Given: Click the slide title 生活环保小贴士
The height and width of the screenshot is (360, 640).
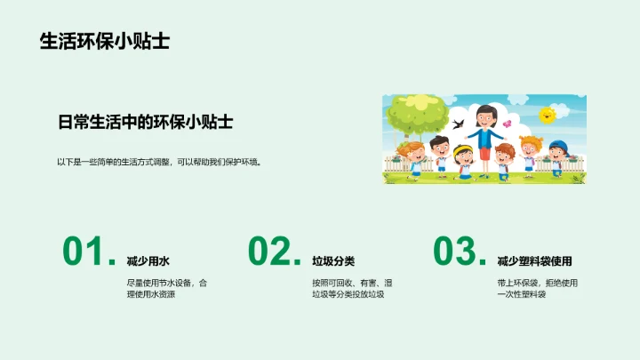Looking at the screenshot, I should tap(105, 41).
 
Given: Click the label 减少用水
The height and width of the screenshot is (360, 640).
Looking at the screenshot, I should tap(148, 261).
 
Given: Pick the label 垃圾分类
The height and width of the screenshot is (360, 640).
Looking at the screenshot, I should tap(333, 261).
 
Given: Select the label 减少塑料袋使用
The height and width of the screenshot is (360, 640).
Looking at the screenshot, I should tap(534, 261).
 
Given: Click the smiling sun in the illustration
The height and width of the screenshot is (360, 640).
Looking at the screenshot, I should tap(548, 114).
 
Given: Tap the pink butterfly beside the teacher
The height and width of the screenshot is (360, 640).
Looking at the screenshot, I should tap(508, 124).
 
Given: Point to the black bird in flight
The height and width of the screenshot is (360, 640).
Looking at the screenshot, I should tap(459, 122).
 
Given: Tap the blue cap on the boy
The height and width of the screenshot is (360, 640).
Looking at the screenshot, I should tap(557, 145).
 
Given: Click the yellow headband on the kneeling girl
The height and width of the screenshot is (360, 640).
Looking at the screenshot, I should tap(462, 148).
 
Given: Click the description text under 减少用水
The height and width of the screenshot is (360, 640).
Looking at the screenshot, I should tap(167, 288).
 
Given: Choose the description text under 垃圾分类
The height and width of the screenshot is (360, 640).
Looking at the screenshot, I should tap(352, 288).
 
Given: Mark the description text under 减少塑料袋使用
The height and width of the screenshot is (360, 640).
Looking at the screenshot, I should tap(538, 288).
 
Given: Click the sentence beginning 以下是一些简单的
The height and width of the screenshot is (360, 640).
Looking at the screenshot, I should tap(159, 162).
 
